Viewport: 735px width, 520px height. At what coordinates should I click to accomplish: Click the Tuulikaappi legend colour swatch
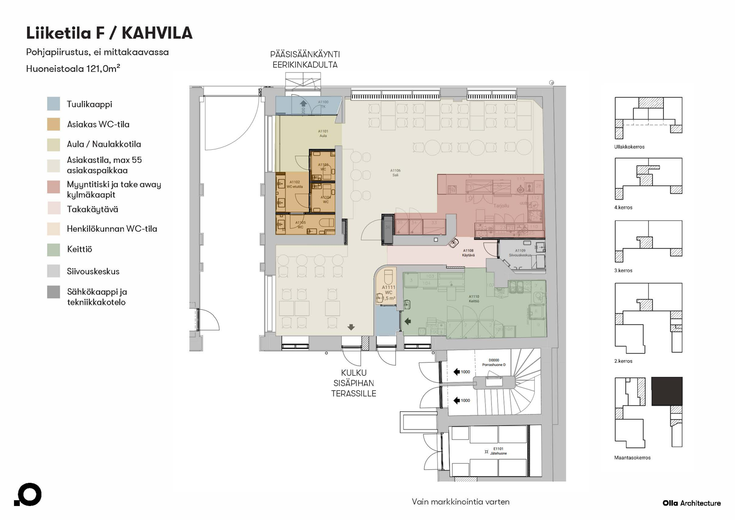(53, 104)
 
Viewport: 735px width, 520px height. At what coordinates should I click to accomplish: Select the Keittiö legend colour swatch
(53, 249)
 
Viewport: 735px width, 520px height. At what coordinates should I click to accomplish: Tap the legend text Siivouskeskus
(93, 272)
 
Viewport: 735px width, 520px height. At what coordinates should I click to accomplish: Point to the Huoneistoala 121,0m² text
(73, 69)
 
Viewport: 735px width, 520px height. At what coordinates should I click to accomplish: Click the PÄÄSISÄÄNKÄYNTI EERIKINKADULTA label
(305, 60)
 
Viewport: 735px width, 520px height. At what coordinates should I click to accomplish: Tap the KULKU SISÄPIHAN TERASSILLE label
(353, 383)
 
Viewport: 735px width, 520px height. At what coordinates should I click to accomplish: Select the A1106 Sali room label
(395, 173)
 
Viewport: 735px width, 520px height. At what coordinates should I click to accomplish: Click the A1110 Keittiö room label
(474, 299)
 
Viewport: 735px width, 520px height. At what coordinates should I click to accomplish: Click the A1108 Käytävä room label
(468, 253)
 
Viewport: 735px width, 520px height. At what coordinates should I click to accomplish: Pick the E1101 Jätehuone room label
(498, 451)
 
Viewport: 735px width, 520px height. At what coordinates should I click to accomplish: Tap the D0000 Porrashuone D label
(494, 363)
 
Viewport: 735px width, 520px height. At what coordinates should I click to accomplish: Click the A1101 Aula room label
(323, 133)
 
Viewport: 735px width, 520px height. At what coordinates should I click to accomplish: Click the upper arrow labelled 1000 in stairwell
(457, 372)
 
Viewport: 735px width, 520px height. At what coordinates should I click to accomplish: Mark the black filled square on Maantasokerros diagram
(667, 391)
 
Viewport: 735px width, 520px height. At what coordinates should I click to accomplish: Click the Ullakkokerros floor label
(629, 147)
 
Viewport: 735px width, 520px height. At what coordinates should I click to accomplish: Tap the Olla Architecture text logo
(692, 503)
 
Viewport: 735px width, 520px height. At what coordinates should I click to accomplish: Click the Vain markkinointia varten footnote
(461, 502)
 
